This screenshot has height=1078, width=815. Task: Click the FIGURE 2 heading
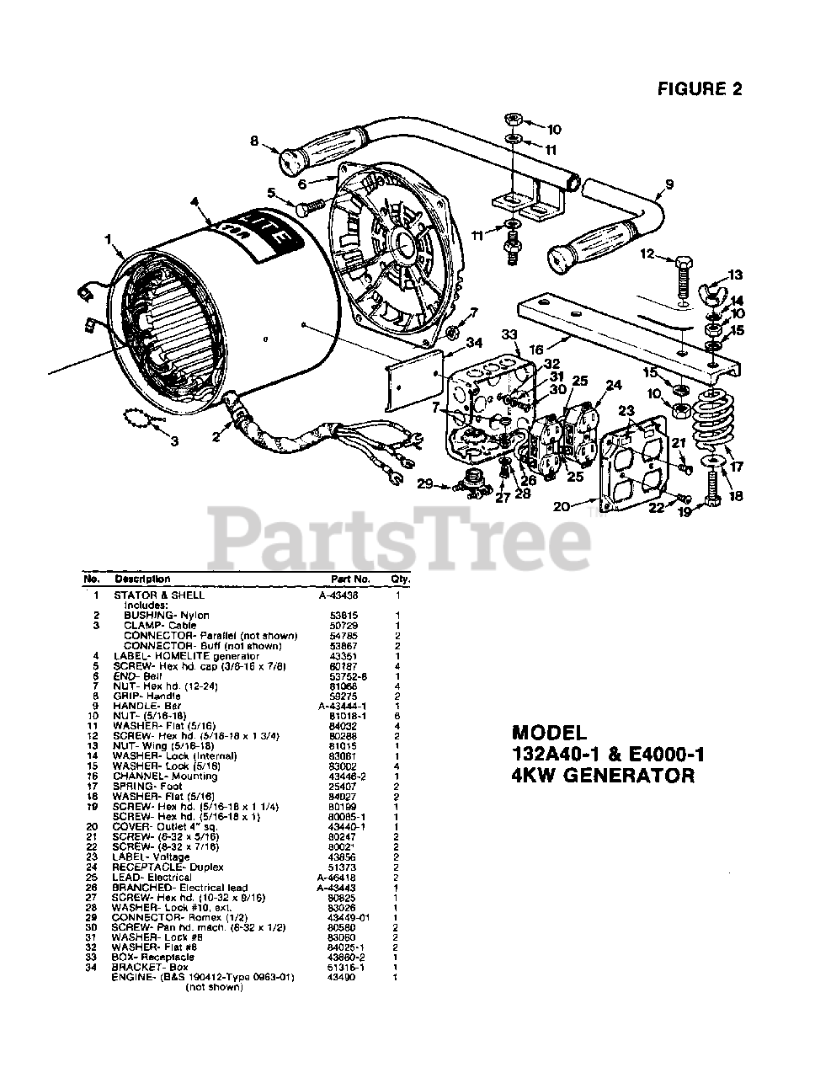tap(700, 88)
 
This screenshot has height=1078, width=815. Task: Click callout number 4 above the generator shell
tap(194, 202)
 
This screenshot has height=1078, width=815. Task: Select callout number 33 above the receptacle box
tap(508, 336)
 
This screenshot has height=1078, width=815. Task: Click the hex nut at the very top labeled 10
tap(514, 117)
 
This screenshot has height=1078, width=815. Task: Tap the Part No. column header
tap(350, 579)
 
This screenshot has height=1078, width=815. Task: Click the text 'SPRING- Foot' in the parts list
tap(147, 786)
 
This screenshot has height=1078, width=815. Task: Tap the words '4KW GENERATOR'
tap(603, 776)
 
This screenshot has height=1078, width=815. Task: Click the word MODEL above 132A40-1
tap(548, 734)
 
